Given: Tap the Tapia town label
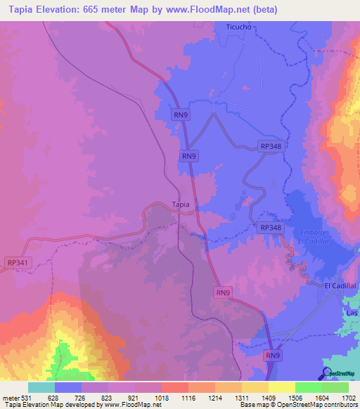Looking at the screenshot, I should (x=181, y=205).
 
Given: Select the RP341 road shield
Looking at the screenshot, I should (x=18, y=262).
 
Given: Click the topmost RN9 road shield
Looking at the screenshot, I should (x=181, y=115).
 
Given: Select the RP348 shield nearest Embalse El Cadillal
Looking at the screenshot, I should (x=270, y=228).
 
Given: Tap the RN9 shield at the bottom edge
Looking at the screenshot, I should (x=274, y=356).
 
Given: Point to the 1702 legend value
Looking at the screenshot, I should (x=349, y=398).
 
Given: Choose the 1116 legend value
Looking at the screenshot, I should (x=188, y=398).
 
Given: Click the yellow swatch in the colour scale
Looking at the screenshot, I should (x=281, y=387).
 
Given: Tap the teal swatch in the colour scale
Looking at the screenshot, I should (x=41, y=387).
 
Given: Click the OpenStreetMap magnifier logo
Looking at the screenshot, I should (x=326, y=372).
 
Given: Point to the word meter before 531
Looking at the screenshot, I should (x=10, y=398).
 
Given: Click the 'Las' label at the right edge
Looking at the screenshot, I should (x=352, y=312).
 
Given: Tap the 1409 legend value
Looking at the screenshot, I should (x=268, y=398).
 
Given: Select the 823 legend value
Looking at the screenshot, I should (x=108, y=398).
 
